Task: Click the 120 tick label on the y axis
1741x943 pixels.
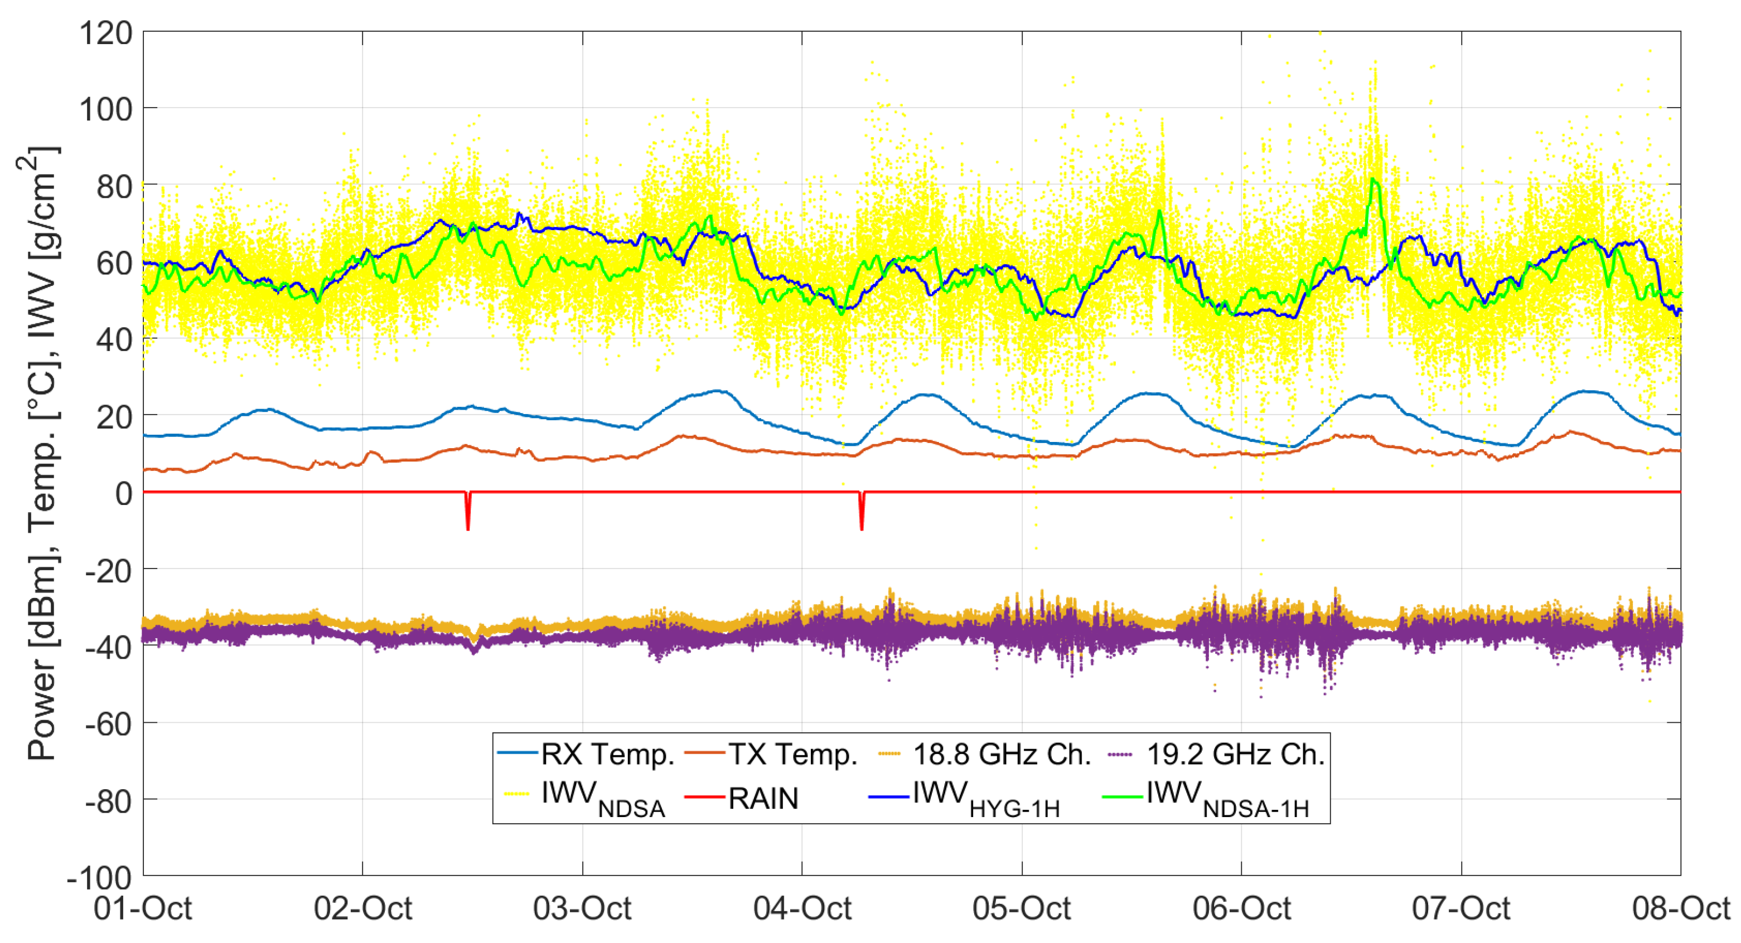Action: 105,32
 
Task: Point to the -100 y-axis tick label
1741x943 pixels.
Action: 99,877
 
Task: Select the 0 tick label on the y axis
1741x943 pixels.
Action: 123,493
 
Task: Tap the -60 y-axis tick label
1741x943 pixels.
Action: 108,724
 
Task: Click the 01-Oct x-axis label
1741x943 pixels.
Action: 143,908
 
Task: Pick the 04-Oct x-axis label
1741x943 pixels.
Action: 802,908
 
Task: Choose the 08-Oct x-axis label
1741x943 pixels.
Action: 1681,908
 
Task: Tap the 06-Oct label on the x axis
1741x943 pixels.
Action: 1241,908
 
